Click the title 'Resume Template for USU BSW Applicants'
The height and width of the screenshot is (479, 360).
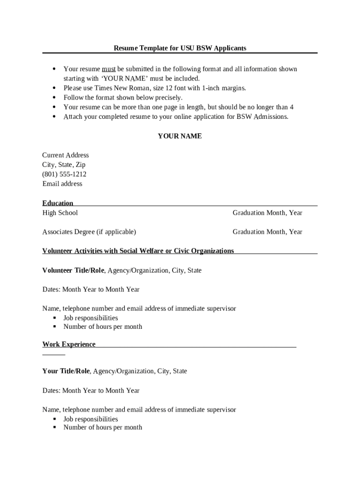pos(180,48)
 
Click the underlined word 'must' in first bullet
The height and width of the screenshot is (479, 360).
pos(109,69)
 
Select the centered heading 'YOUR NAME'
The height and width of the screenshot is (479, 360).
pos(180,136)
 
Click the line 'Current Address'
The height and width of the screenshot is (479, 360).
pos(65,155)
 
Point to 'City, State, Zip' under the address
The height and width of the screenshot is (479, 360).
pos(64,165)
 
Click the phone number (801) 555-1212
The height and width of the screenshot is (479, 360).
pos(65,174)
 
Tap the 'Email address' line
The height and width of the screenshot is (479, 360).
pos(62,184)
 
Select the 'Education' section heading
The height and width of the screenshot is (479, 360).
pos(58,203)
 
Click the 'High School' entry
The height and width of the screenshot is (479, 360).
pos(60,213)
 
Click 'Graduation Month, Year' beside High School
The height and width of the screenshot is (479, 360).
pos(267,213)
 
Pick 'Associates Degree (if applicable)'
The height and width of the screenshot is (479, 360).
pos(89,232)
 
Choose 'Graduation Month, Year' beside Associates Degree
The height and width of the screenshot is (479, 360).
pos(267,232)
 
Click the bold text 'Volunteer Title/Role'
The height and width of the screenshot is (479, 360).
pos(73,270)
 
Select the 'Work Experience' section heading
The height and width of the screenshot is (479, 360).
pos(69,344)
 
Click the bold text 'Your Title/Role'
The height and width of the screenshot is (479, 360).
pos(66,371)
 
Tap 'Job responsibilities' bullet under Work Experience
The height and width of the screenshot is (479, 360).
pos(91,419)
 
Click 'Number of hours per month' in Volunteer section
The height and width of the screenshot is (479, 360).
pos(103,327)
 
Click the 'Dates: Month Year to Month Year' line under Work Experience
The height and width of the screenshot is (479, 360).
pos(91,391)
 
